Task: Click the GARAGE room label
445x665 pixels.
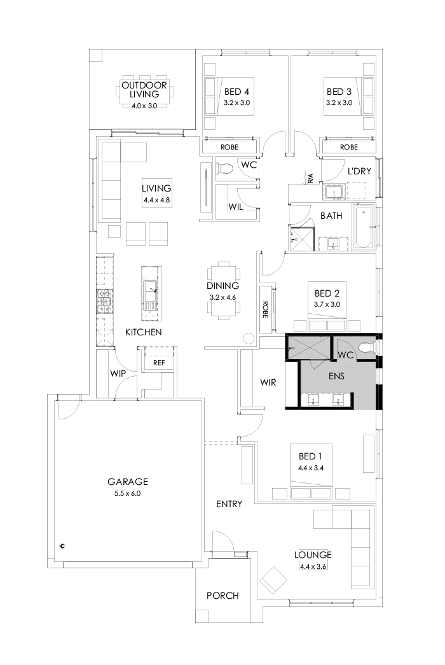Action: pos(127,482)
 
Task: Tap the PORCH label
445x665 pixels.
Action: pos(222,596)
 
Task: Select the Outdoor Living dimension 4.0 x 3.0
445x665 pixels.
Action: pos(144,106)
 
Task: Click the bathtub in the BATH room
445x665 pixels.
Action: pos(364,228)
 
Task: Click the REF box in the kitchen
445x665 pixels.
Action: pos(158,363)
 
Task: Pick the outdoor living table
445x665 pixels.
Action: pos(144,94)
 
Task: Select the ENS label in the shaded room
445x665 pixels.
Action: pos(336,375)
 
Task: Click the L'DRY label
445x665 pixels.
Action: pos(359,171)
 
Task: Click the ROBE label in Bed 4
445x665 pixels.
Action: pos(229,147)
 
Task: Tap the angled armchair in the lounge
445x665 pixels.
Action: pos(274,580)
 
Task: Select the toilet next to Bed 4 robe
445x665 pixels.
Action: pos(224,169)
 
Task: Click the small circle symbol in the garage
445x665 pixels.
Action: pos(62,545)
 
